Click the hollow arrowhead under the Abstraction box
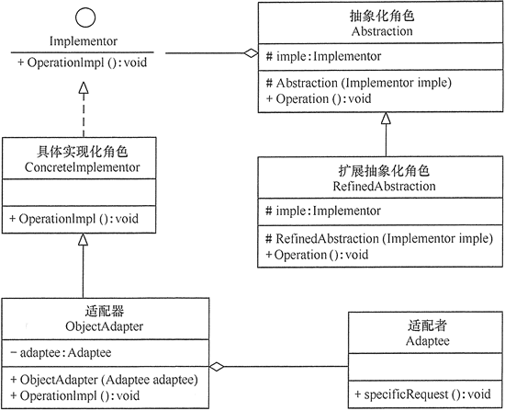[x=386, y=119]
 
